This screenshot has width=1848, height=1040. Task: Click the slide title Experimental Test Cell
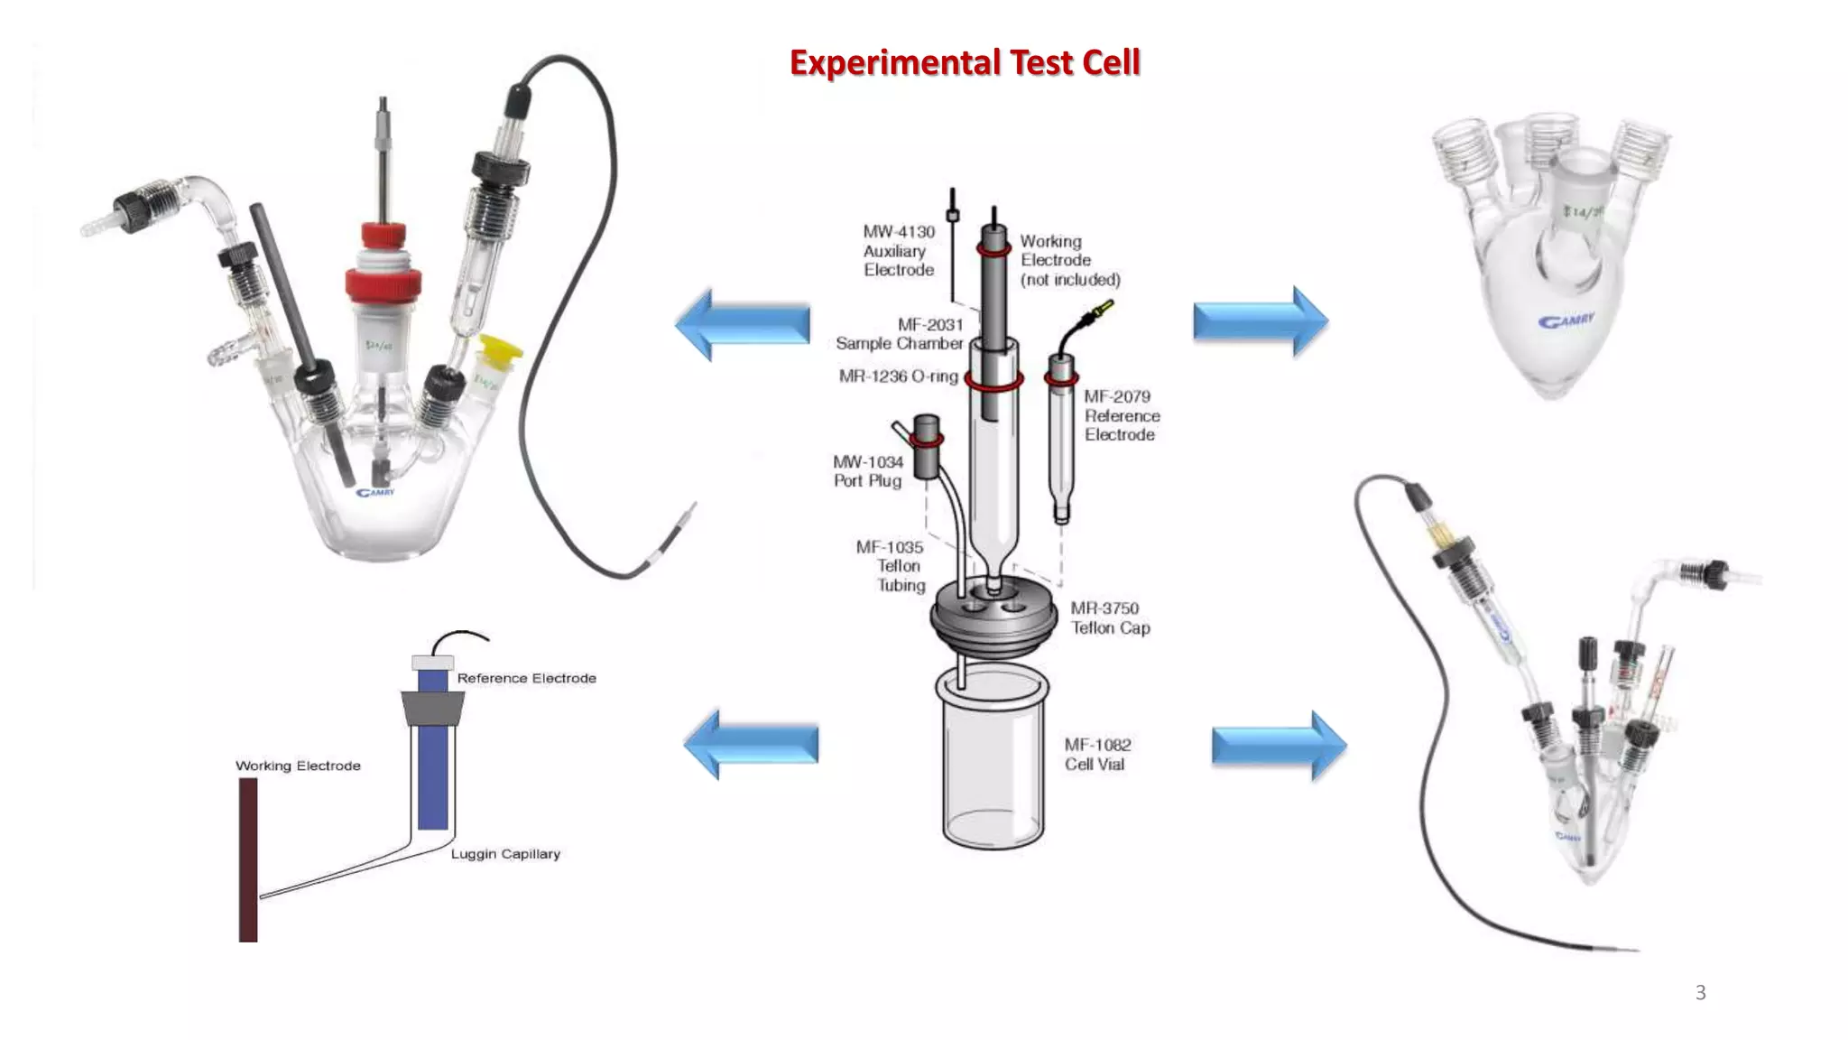point(965,62)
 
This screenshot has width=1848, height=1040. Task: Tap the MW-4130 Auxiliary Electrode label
point(898,251)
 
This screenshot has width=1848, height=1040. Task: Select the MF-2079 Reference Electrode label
point(1122,415)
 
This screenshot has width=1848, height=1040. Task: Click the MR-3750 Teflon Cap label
point(1110,618)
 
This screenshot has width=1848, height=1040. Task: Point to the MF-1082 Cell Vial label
point(1096,755)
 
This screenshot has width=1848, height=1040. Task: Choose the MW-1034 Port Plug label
point(867,471)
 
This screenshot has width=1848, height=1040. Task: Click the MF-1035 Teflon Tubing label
point(891,566)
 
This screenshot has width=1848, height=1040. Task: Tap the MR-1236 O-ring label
point(898,376)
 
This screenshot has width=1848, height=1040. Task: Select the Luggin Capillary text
point(505,854)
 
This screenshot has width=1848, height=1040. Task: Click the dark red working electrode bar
point(248,859)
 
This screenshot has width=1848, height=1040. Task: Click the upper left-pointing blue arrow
point(742,324)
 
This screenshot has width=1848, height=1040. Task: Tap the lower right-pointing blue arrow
point(1279,746)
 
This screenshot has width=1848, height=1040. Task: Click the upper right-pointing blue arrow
point(1260,321)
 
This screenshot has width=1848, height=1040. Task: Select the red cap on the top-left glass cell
point(383,271)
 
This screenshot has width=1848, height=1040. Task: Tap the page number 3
point(1700,993)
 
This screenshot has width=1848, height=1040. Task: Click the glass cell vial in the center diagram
point(993,758)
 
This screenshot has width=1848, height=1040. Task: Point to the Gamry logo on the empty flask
point(1566,320)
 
